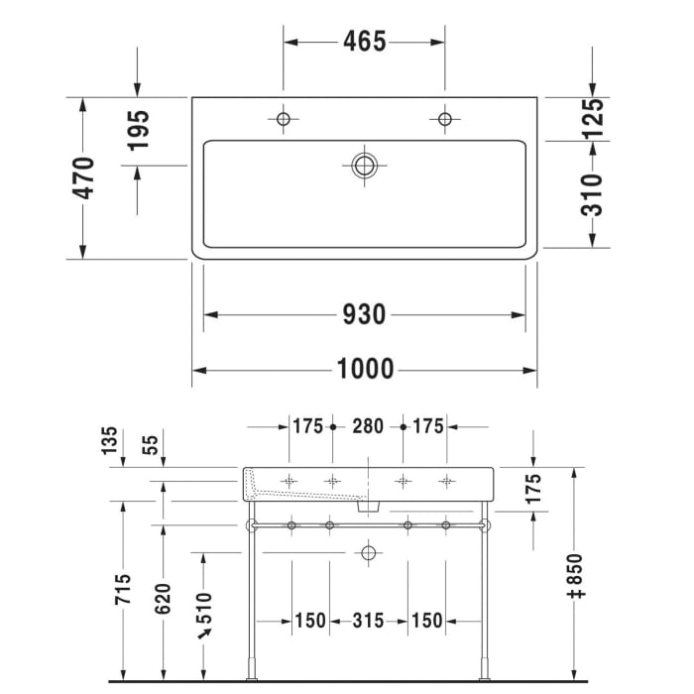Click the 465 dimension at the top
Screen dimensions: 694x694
[364, 42]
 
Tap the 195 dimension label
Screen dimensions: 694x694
[138, 130]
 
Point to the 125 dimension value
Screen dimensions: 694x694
[592, 118]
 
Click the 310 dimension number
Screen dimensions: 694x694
[592, 194]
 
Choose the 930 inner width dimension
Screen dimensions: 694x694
[364, 315]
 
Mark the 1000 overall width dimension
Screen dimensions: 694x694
[364, 370]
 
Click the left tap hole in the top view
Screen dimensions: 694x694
[284, 120]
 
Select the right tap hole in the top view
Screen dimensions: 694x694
[445, 120]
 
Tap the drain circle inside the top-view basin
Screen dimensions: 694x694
[365, 165]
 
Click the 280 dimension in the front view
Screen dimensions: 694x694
[368, 427]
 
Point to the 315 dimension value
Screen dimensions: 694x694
[368, 621]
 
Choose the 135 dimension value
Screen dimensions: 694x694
[109, 439]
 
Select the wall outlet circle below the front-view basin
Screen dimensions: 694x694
[369, 551]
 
